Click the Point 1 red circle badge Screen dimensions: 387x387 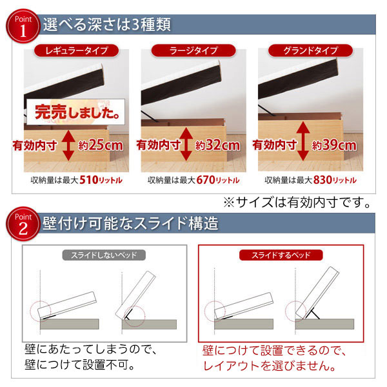(x=23, y=26)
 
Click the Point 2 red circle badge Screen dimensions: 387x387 (x=23, y=224)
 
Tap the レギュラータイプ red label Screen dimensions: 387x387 (x=77, y=50)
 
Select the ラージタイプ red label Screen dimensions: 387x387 (x=193, y=50)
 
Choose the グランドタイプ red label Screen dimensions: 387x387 (x=310, y=50)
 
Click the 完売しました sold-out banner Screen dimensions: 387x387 (x=75, y=112)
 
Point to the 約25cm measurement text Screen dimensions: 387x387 (x=101, y=145)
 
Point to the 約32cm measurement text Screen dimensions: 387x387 (x=217, y=145)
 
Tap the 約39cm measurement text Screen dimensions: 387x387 (x=334, y=145)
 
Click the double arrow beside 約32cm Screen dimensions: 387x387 (x=186, y=144)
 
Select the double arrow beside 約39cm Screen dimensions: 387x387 (x=303, y=141)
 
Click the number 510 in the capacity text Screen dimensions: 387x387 (x=89, y=180)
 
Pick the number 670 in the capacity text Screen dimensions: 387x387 (x=206, y=180)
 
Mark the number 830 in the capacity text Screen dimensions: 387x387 (x=323, y=180)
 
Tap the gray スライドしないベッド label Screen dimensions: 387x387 (x=104, y=255)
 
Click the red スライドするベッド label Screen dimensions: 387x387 (x=281, y=255)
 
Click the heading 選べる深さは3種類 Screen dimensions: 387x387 (x=107, y=25)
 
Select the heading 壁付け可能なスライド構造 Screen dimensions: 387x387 (x=130, y=223)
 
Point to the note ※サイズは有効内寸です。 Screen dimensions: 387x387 (x=297, y=203)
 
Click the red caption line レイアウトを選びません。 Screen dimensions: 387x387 (x=269, y=366)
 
